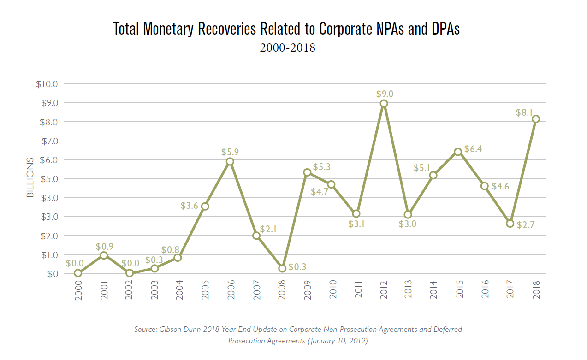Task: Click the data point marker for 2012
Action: [384, 104]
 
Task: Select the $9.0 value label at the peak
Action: [385, 94]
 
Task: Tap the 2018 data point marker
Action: [535, 119]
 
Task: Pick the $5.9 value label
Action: [230, 152]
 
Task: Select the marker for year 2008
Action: [282, 268]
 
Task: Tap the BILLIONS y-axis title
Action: [30, 177]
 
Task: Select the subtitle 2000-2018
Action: [287, 47]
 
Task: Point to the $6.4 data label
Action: [474, 149]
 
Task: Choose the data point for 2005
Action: [205, 206]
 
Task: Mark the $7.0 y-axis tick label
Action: [47, 141]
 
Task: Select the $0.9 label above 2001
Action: [105, 246]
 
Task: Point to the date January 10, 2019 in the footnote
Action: [336, 341]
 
